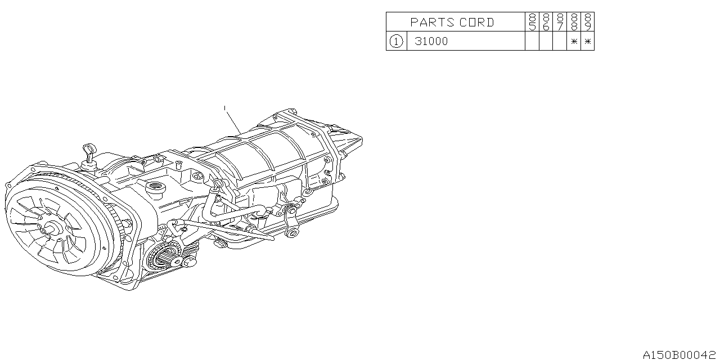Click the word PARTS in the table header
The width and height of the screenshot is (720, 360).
433,22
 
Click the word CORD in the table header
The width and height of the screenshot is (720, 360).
476,22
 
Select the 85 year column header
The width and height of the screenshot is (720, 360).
532,22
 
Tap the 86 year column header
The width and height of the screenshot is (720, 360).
546,22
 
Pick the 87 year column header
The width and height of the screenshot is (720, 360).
560,22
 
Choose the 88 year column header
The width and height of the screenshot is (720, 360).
574,22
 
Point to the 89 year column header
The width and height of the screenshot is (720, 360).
588,22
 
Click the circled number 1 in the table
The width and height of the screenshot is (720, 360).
396,41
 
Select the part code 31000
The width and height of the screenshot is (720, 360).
431,41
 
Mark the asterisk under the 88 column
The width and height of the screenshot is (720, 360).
574,41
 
